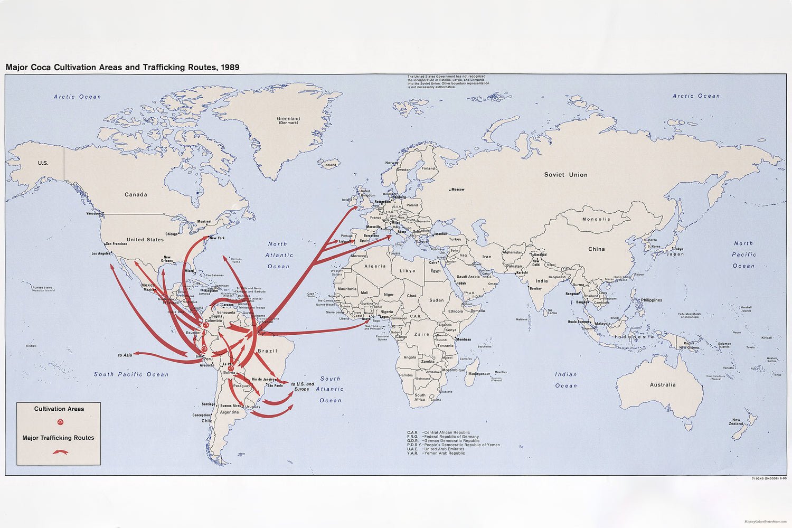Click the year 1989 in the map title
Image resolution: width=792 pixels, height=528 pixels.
coord(230,68)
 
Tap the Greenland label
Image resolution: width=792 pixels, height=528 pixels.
coord(288,119)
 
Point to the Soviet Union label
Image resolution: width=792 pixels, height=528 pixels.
coord(565,175)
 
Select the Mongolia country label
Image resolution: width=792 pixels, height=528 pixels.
coord(596,219)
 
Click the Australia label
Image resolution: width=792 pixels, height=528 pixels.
coord(663,385)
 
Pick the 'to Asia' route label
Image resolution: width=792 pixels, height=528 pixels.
coord(125,355)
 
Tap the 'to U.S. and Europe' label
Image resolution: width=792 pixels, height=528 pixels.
coord(303,386)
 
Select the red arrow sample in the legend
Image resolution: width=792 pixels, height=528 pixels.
coord(60,452)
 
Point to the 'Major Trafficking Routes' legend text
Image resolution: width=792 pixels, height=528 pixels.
coord(58,438)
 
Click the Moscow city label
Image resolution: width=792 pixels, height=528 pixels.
coord(457,190)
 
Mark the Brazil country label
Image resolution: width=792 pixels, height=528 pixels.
coord(267,351)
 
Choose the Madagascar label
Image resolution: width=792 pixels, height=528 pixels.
coord(479,373)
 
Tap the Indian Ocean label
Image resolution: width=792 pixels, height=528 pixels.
coord(565,380)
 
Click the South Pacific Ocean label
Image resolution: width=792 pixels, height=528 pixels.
coord(131,374)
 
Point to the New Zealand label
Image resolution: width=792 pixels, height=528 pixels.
coord(736,422)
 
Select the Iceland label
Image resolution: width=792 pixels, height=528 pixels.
coord(330,165)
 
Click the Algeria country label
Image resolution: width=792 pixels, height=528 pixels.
coord(375,266)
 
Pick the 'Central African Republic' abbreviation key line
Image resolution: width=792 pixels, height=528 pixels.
coord(439,432)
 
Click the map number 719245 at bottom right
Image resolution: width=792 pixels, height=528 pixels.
coord(760,479)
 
